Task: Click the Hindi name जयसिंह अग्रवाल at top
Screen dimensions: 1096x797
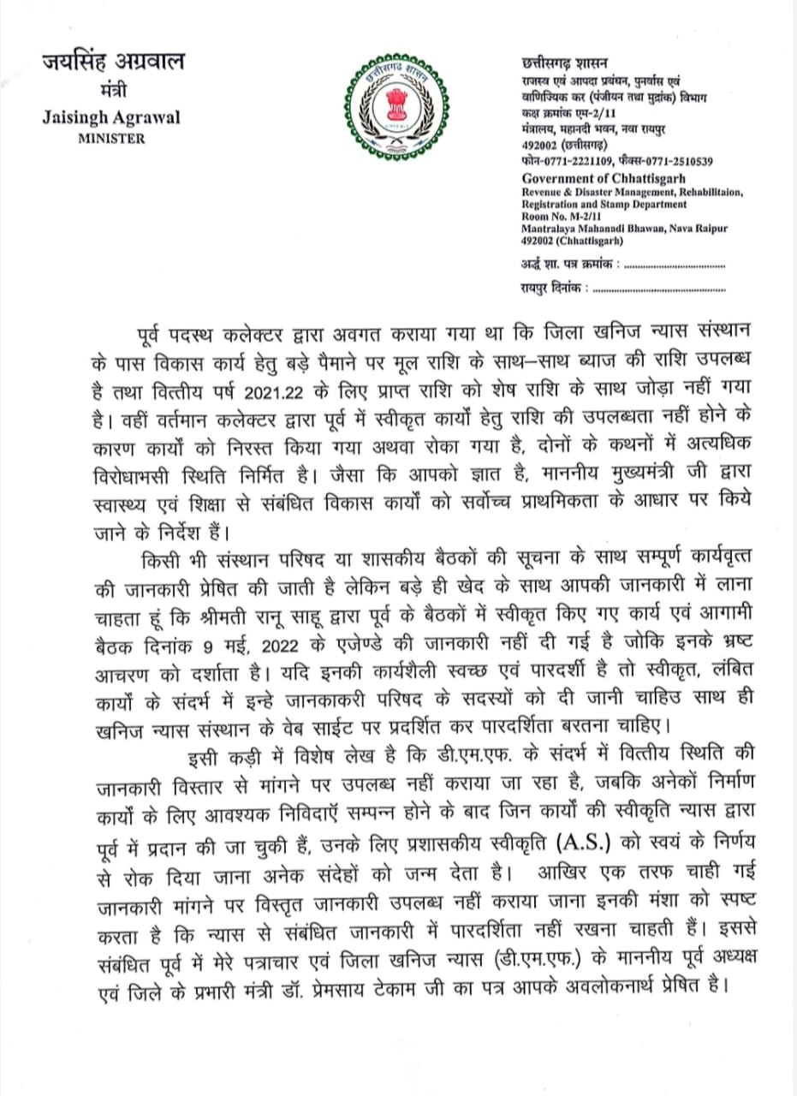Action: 113,63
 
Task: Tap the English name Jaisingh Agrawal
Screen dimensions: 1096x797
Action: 111,117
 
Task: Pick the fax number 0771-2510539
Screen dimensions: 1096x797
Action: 677,161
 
